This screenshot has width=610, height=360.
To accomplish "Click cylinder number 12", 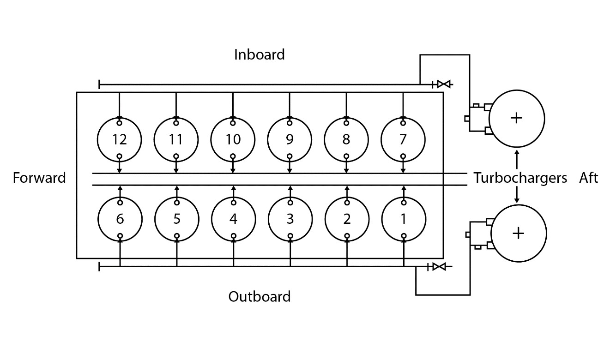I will (120, 139).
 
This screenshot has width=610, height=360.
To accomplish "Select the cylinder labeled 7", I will (403, 139).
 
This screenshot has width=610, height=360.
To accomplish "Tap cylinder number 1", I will (404, 219).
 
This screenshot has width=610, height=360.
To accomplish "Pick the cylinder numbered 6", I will (120, 219).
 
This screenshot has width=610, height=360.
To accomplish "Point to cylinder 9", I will (290, 139).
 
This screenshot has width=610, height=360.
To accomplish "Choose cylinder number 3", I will (290, 219).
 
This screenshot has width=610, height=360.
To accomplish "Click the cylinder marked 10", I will (233, 139).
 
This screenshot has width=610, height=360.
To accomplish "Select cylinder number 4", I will (233, 219).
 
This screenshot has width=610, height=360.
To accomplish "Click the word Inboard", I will (259, 54).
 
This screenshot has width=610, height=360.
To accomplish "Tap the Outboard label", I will (260, 296).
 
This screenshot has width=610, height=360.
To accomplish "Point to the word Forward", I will (39, 178).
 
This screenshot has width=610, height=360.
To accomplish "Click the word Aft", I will (588, 178).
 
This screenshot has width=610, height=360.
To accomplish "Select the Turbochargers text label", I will (520, 178).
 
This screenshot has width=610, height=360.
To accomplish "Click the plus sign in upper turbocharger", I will (516, 118).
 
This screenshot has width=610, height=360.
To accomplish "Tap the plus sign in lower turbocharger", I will (519, 233).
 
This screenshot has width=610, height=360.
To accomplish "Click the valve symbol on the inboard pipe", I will (444, 84).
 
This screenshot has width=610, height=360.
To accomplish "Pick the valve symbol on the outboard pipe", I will (439, 267).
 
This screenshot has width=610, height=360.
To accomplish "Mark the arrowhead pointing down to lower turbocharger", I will (517, 200).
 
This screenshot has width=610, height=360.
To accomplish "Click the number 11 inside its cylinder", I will (176, 139).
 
